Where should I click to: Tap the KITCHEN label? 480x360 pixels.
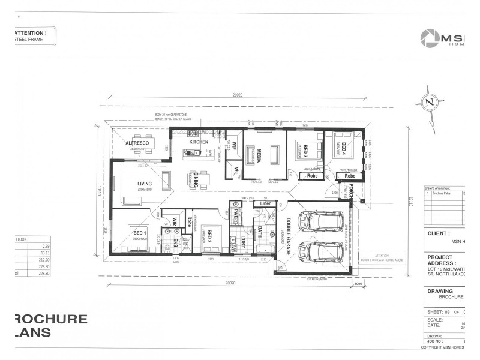coord(199,142)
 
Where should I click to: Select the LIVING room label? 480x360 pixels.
coord(144,184)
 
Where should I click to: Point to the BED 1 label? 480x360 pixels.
coord(140,232)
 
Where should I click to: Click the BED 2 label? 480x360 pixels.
coord(205,233)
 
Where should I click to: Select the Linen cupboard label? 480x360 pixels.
coord(265,204)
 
